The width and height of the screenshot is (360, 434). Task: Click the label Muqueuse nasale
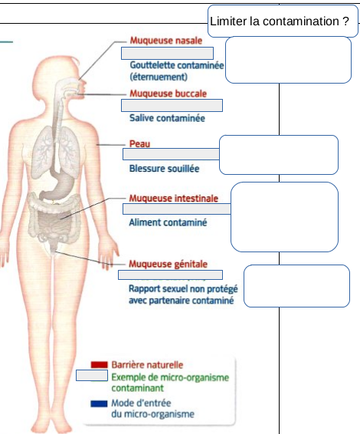pos(166,41)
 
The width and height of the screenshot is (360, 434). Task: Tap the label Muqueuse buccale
pos(168,94)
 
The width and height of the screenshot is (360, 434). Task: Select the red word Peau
pos(139,143)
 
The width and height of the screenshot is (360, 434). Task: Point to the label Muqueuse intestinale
pos(174,198)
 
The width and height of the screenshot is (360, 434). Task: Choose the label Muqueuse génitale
pos(168,264)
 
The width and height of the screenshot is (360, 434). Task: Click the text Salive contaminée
pos(167,118)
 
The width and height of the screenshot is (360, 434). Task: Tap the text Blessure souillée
pos(164,169)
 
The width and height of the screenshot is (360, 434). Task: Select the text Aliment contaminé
pos(168,222)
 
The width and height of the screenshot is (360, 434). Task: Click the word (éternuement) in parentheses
pos(159,77)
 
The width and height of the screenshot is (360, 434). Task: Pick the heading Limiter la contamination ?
pos(280,21)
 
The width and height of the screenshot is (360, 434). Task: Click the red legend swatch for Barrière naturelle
pos(99,365)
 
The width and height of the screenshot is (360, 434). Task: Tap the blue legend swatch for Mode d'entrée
pos(99,404)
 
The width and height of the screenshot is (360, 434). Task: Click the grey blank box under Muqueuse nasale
pos(167,53)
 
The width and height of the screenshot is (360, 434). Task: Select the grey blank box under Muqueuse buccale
pos(172,106)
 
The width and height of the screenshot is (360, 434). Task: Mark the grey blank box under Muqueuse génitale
pos(170,275)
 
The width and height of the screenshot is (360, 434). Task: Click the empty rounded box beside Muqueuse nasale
pos(289,60)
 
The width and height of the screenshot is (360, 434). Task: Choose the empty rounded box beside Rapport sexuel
pos(296,286)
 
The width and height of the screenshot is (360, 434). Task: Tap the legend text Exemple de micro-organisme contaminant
pos(170,383)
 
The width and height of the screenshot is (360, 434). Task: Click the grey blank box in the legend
pos(92,375)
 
